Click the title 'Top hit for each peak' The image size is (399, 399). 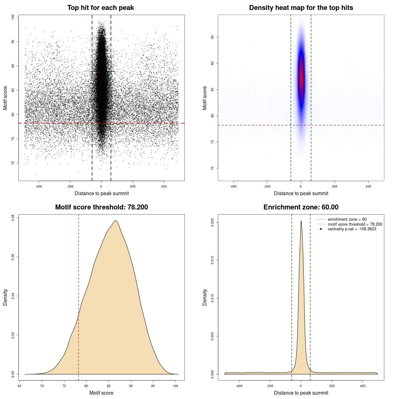pyautogui.click(x=100, y=8)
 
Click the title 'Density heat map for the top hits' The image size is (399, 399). pyautogui.click(x=301, y=8)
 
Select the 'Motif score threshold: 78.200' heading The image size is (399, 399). pyautogui.click(x=101, y=207)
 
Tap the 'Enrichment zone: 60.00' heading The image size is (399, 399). pyautogui.click(x=301, y=207)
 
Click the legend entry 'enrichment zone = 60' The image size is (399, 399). pyautogui.click(x=347, y=219)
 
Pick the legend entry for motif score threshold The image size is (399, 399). pyautogui.click(x=355, y=224)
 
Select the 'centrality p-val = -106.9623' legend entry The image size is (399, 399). pyautogui.click(x=352, y=229)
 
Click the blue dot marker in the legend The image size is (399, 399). pyautogui.click(x=321, y=229)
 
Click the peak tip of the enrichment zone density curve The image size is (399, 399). pyautogui.click(x=301, y=221)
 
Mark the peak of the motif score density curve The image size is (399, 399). pyautogui.click(x=116, y=221)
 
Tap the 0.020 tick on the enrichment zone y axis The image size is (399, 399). pyautogui.click(x=212, y=222)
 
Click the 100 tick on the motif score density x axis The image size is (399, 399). pyautogui.click(x=175, y=386)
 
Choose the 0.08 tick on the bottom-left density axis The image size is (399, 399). pyautogui.click(x=13, y=218)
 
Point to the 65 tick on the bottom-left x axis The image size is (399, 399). pyautogui.click(x=20, y=386)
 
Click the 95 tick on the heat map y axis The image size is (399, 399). pyautogui.click(x=212, y=37)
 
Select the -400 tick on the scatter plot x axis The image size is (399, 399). pyautogui.click(x=39, y=186)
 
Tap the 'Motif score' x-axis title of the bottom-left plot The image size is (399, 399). pyautogui.click(x=101, y=393)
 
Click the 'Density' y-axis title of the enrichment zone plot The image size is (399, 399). pyautogui.click(x=205, y=297)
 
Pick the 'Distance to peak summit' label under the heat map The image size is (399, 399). pyautogui.click(x=301, y=193)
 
